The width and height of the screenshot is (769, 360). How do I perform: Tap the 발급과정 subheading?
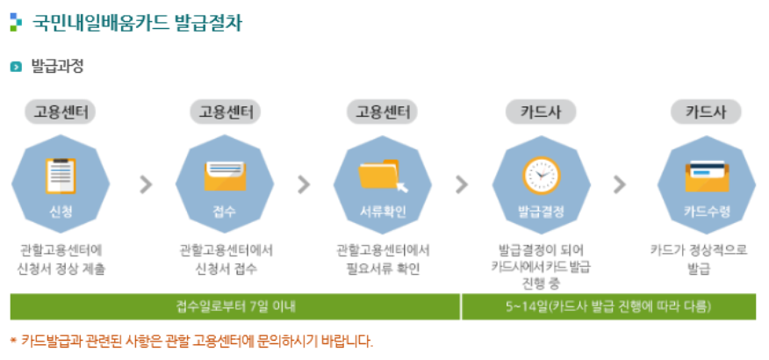pyautogui.click(x=57, y=67)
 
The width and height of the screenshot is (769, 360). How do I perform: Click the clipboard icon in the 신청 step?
pyautogui.click(x=60, y=175)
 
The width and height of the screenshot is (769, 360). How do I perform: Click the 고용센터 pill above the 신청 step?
pyautogui.click(x=60, y=112)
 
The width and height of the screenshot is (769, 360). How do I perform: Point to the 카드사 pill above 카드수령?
pyautogui.click(x=707, y=112)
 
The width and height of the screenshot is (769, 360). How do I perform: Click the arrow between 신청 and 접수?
pyautogui.click(x=146, y=184)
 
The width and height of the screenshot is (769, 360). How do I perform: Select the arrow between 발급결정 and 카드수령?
pyautogui.click(x=620, y=184)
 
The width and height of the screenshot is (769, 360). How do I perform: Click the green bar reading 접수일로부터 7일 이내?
pyautogui.click(x=235, y=306)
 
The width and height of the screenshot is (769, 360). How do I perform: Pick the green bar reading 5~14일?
pyautogui.click(x=608, y=306)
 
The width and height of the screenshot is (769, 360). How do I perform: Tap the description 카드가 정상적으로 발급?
pyautogui.click(x=699, y=259)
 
